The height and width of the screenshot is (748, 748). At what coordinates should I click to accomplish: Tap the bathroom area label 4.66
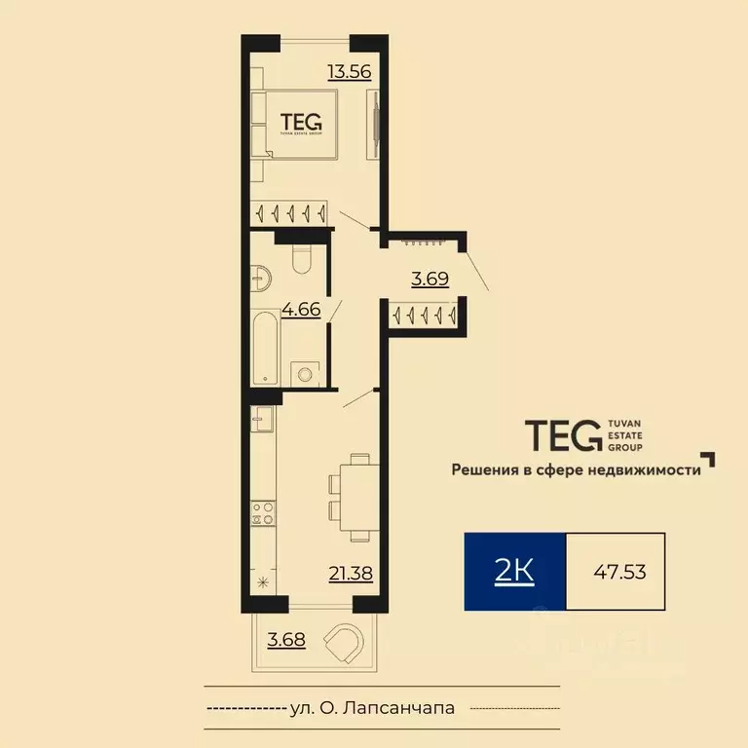[x=301, y=311]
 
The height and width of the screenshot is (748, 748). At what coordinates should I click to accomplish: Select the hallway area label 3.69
[x=430, y=280]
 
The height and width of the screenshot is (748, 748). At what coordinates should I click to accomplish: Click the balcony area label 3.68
[x=285, y=640]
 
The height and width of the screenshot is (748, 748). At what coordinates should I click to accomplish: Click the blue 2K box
[x=514, y=572]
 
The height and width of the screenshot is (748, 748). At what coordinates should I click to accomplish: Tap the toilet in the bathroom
[x=301, y=258]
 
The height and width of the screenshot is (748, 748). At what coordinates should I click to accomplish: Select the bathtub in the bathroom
[x=264, y=349]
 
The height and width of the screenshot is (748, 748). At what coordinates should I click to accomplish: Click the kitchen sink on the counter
[x=262, y=422]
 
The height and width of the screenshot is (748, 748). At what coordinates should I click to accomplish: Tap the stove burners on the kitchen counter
[x=262, y=513]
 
